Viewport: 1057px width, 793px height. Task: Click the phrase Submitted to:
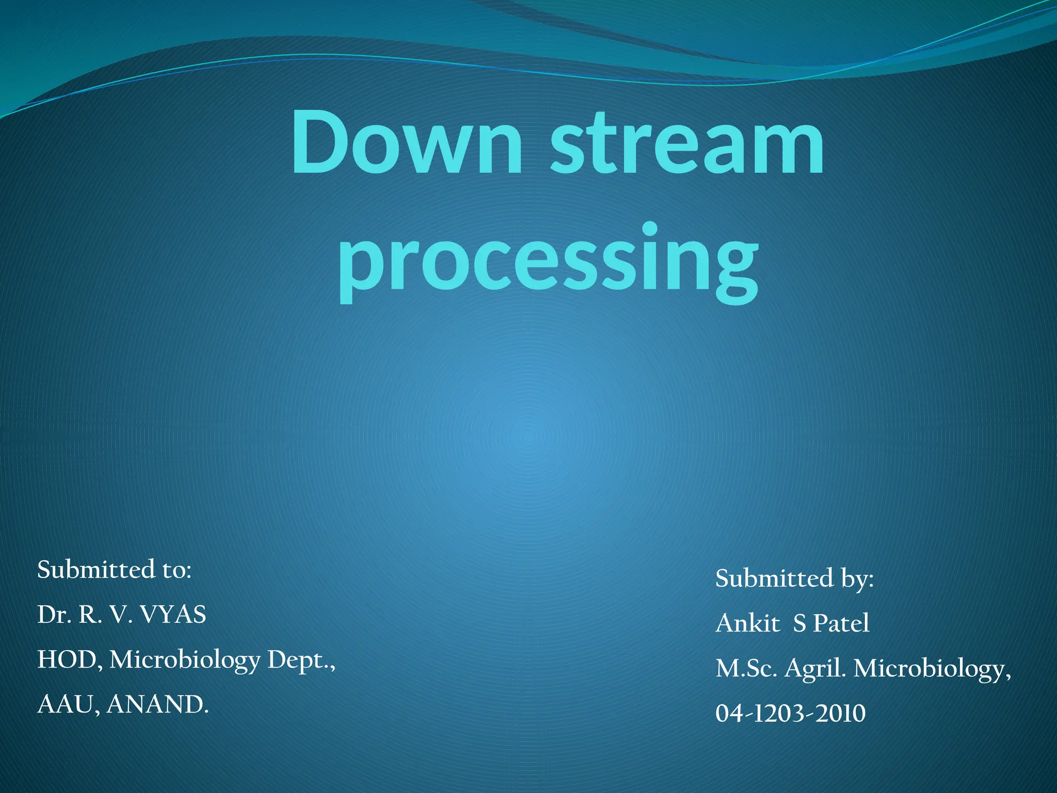[x=114, y=569]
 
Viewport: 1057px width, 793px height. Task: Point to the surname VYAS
[x=173, y=615]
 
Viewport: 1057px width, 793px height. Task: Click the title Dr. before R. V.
[x=54, y=615]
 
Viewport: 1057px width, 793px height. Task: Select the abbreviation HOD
[x=67, y=660]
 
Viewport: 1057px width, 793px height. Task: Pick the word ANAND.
[x=157, y=705]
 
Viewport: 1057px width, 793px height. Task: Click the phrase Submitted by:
[x=794, y=578]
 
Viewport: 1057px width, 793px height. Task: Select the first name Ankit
[x=747, y=623]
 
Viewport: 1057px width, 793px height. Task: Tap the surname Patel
[x=841, y=623]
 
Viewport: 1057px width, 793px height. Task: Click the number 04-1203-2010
[x=790, y=713]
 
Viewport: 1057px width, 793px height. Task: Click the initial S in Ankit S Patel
[x=799, y=623]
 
